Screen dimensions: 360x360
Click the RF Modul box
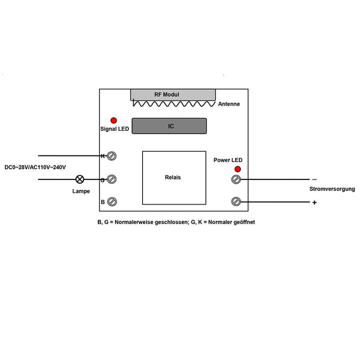tap(173, 95)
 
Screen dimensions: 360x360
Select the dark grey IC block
tap(169, 126)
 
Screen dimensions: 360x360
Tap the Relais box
tap(174, 178)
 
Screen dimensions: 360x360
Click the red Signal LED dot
tap(113, 121)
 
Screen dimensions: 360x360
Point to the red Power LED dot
tap(238, 169)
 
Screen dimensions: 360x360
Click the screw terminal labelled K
tap(112, 156)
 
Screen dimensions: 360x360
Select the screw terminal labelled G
tap(112, 179)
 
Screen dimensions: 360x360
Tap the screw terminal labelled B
tap(112, 202)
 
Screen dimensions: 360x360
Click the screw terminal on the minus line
tap(236, 179)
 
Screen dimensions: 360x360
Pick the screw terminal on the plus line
tap(236, 202)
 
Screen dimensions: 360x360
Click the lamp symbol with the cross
tap(80, 179)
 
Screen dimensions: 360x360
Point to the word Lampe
tap(81, 191)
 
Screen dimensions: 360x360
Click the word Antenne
tap(229, 104)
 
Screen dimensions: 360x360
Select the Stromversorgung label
tap(332, 189)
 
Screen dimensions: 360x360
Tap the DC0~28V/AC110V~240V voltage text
tap(35, 167)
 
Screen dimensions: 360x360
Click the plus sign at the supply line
tap(314, 203)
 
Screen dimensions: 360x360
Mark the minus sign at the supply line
tap(314, 179)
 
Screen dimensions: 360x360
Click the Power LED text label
tap(228, 160)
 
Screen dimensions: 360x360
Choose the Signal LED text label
tap(115, 129)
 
